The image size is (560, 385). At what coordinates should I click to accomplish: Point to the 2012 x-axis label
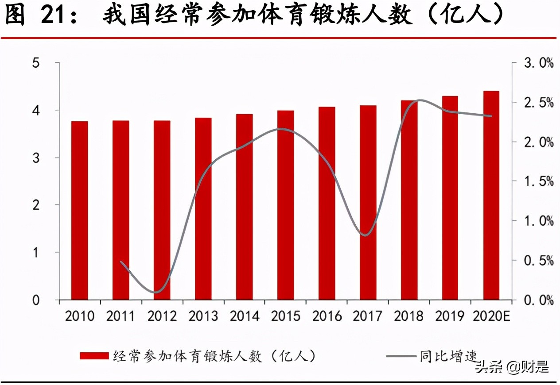tap(162, 316)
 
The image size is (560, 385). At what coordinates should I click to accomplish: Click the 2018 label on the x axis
tap(409, 316)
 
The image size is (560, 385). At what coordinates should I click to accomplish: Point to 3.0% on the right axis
tap(538, 63)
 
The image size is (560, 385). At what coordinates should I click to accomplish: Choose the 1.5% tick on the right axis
tap(538, 181)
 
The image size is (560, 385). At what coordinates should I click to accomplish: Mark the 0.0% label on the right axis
tap(538, 300)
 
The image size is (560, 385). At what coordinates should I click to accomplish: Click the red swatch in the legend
tap(94, 356)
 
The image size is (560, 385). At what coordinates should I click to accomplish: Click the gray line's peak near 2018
tap(420, 100)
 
